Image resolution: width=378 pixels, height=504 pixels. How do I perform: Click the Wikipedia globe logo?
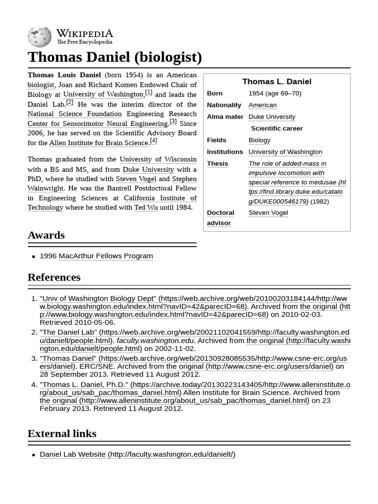click(x=39, y=37)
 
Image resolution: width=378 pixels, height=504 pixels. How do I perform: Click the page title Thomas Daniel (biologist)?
click(x=115, y=57)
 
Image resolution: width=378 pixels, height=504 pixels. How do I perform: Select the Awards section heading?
click(x=46, y=235)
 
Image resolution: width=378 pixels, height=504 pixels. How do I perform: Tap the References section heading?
click(x=54, y=277)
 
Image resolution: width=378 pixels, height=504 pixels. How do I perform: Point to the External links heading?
click(x=62, y=434)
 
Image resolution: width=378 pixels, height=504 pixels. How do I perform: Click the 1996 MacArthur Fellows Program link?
click(x=105, y=256)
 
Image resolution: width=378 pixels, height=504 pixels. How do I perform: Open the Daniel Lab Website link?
click(x=137, y=454)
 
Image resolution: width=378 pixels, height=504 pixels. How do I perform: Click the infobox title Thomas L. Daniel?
click(x=277, y=82)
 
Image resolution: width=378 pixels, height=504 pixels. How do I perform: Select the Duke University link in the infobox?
click(x=272, y=117)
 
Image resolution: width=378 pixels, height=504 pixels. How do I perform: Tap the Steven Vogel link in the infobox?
click(x=268, y=213)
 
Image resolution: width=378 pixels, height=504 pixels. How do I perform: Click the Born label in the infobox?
click(x=215, y=94)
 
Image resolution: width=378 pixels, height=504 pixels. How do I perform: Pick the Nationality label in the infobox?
click(x=224, y=105)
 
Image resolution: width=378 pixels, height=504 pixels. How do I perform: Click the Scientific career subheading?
click(x=277, y=128)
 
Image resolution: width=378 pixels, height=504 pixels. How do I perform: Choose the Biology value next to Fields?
click(x=259, y=140)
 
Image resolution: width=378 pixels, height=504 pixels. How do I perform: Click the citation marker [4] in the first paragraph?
click(x=154, y=141)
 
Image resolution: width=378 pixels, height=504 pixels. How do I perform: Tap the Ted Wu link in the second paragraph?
click(x=146, y=207)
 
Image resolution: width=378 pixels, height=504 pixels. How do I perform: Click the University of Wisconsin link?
click(x=157, y=159)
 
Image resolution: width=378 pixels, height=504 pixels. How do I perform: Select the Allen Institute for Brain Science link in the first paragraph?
click(x=98, y=143)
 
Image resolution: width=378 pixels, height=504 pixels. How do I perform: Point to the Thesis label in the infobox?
click(x=217, y=163)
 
